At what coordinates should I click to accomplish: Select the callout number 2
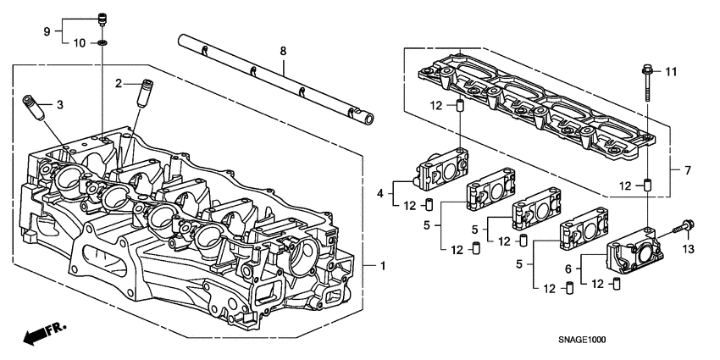point(119,82)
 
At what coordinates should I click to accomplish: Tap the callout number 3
point(60,105)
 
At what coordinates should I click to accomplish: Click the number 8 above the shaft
point(283,52)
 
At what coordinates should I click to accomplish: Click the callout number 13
point(689,248)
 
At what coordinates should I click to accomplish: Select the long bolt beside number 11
point(646,82)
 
